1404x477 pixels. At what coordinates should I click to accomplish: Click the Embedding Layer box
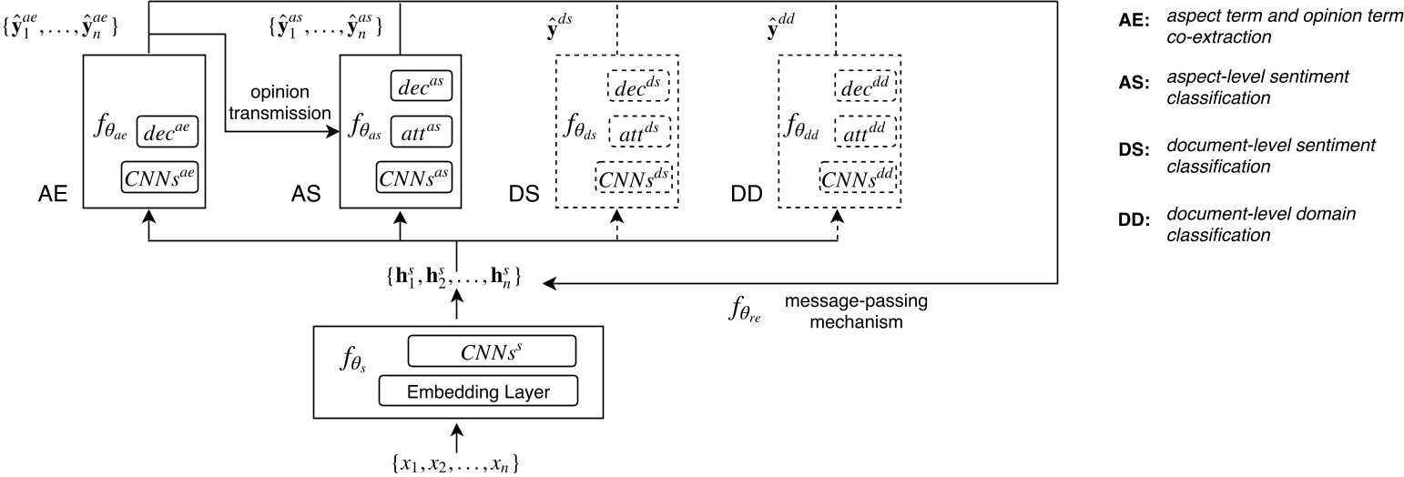pyautogui.click(x=478, y=391)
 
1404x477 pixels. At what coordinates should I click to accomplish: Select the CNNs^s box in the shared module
pyautogui.click(x=492, y=350)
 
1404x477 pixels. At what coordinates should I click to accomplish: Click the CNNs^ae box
pyautogui.click(x=159, y=176)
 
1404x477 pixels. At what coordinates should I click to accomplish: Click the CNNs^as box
pyautogui.click(x=414, y=176)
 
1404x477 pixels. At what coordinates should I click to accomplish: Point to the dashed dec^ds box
pyautogui.click(x=637, y=86)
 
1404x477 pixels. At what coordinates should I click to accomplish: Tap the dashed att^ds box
pyautogui.click(x=638, y=131)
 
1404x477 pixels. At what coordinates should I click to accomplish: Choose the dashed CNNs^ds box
pyautogui.click(x=634, y=176)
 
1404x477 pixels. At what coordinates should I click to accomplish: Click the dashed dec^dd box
pyautogui.click(x=862, y=86)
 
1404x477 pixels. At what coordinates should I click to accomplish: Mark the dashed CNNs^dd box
pyautogui.click(x=858, y=176)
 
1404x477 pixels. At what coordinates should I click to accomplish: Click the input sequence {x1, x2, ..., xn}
pyautogui.click(x=456, y=462)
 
